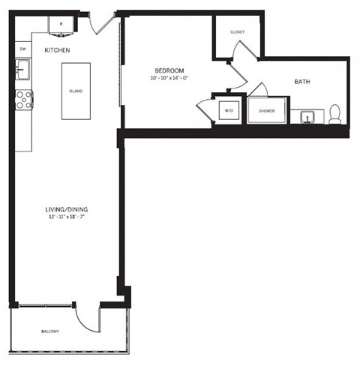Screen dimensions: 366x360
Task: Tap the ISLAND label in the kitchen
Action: coord(75,91)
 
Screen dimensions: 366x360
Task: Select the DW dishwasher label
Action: coord(22,49)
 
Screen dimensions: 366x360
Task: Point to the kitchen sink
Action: coord(22,71)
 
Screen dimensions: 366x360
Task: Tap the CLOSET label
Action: coord(237,32)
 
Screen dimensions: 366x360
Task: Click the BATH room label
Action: coord(303,82)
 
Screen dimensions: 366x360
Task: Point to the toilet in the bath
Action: coord(335,115)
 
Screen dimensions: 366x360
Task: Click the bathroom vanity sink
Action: coord(307,116)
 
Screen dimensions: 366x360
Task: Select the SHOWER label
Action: coord(266,111)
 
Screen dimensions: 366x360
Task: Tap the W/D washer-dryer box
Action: coord(229,111)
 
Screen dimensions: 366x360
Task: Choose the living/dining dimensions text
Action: coord(65,217)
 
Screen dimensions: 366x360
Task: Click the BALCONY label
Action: coord(50,331)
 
